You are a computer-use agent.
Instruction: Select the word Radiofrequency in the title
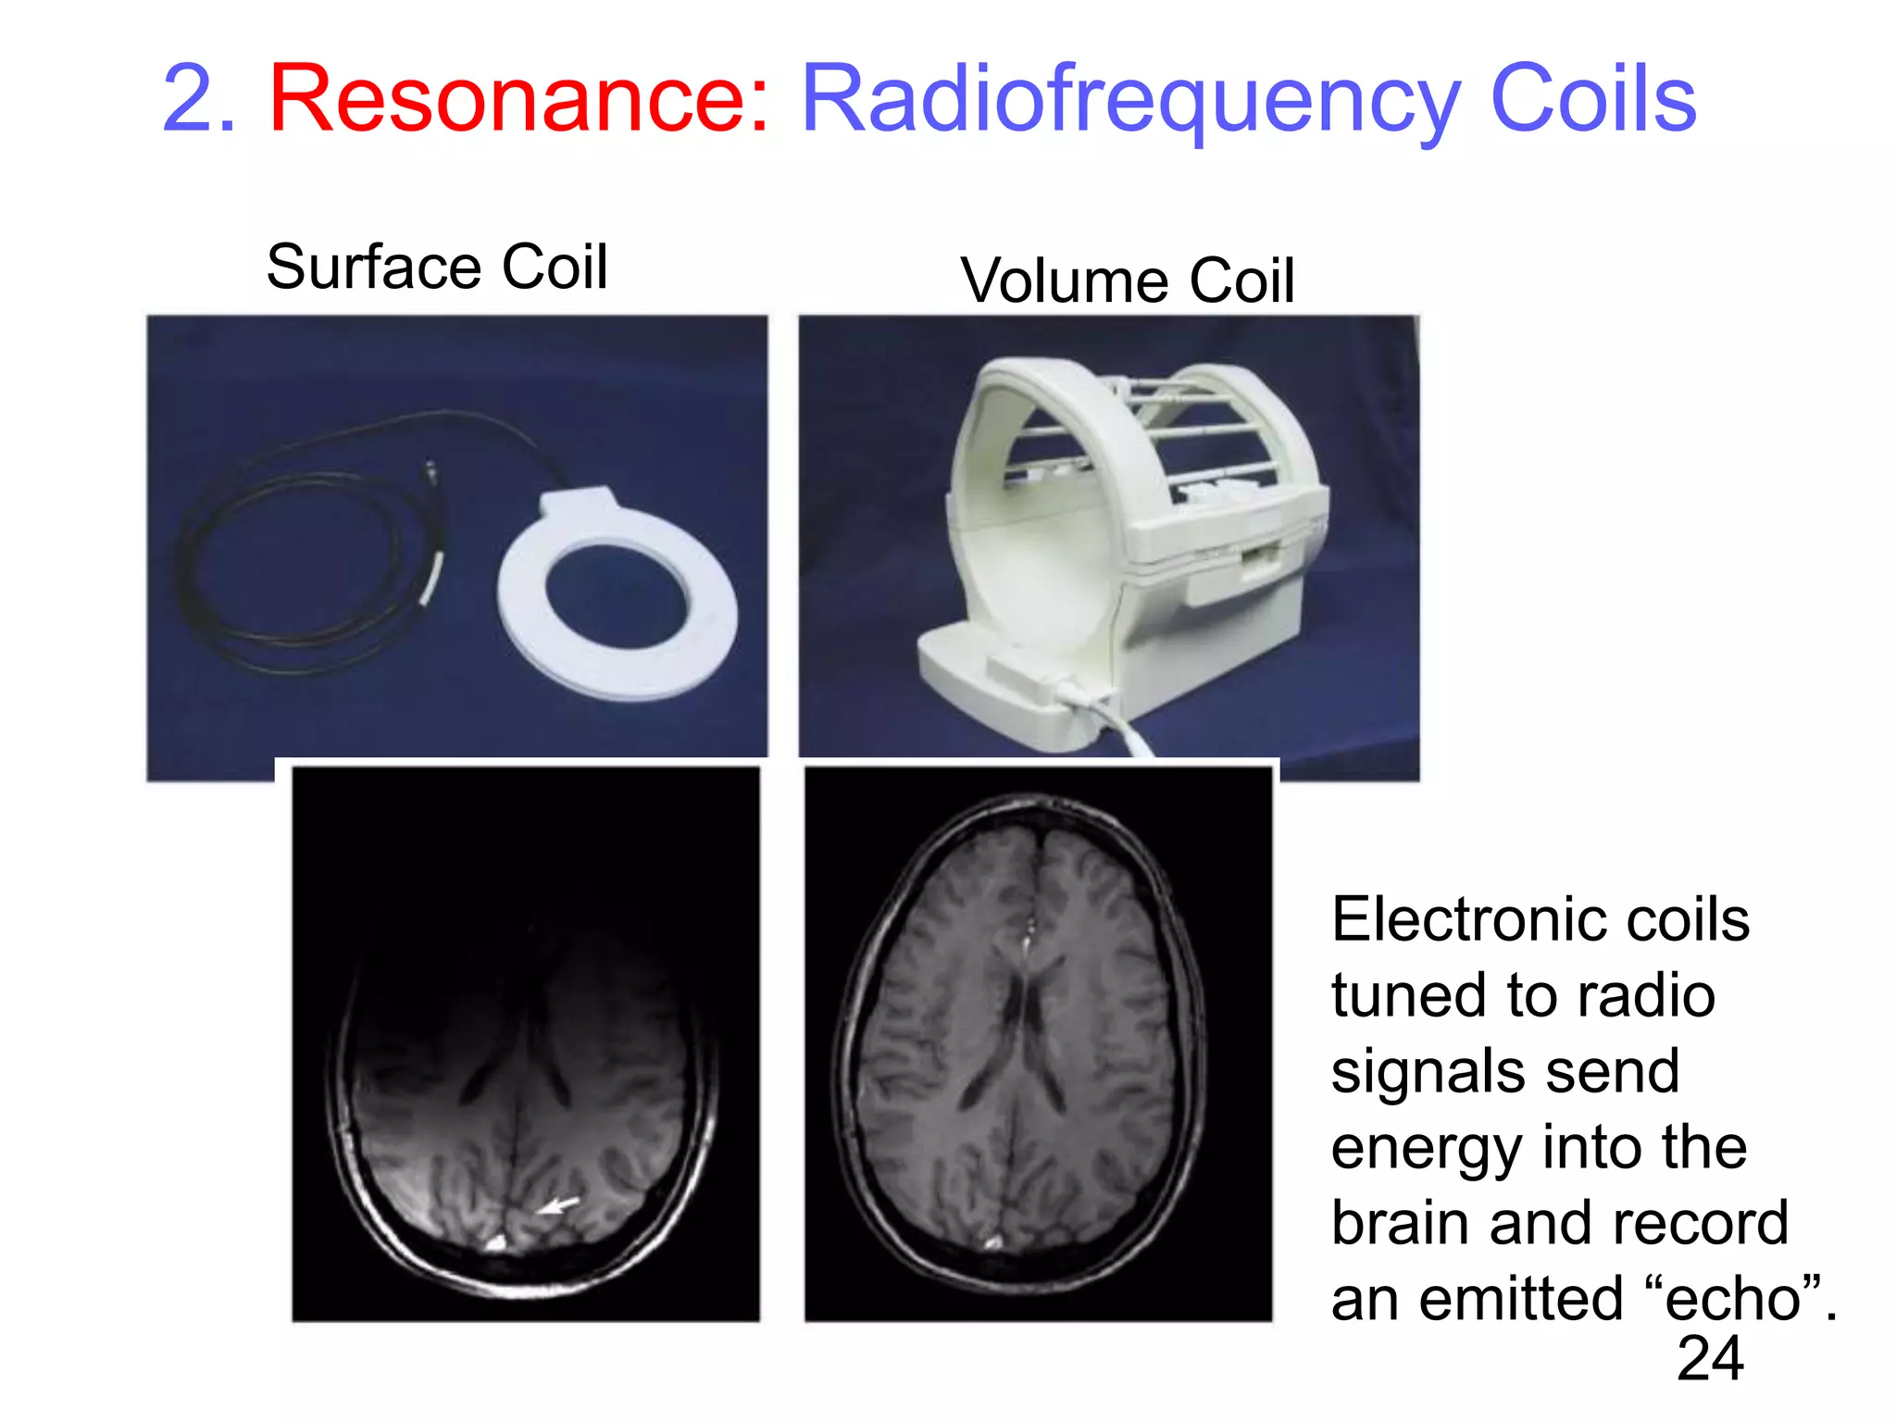click(x=1129, y=100)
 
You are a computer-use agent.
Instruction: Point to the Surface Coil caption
click(x=437, y=267)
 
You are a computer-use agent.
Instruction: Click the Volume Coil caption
click(x=1127, y=281)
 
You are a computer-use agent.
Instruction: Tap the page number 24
click(x=1709, y=1359)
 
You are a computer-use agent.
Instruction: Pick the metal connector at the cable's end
click(x=430, y=471)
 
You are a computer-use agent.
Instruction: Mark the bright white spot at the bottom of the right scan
click(x=994, y=1241)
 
